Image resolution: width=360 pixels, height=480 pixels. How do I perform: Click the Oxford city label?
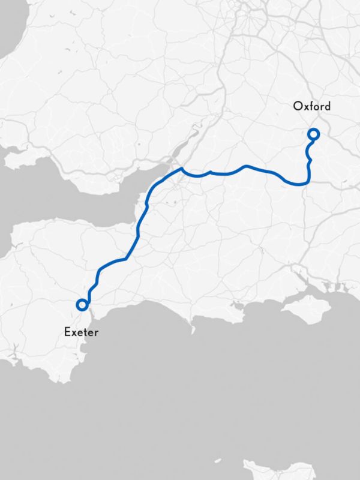click(311, 107)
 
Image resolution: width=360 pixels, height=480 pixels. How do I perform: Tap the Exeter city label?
click(81, 332)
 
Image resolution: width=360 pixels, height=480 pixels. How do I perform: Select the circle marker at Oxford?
click(313, 134)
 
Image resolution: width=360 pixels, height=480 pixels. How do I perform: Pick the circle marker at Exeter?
click(82, 305)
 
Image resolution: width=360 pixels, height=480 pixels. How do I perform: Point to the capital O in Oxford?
click(298, 107)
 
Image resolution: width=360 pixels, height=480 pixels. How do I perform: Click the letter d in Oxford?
click(327, 107)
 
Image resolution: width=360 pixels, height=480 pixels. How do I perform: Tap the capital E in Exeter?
click(67, 332)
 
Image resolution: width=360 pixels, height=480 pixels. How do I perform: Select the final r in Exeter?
click(96, 332)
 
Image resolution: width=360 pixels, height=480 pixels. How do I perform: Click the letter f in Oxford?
click(312, 106)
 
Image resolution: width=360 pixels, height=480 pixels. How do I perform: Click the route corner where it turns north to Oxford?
click(307, 181)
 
